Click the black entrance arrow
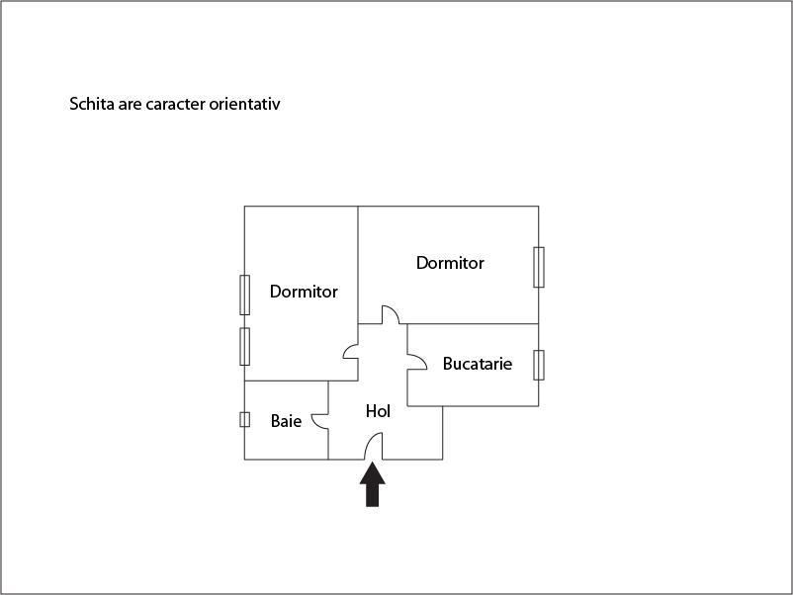372,484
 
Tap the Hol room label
378,411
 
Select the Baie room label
286,421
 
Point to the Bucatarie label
478,364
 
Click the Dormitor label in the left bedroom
304,292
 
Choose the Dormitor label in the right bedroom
450,263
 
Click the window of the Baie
245,420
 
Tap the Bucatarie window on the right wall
539,365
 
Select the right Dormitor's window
539,268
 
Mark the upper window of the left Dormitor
245,296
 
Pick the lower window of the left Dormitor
245,346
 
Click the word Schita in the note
92,104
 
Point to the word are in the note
130,105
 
